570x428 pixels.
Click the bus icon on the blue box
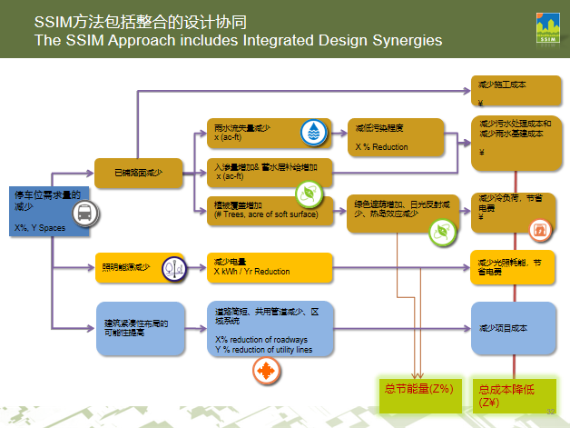(x=82, y=214)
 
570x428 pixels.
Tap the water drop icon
(x=314, y=134)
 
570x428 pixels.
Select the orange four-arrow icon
(x=266, y=372)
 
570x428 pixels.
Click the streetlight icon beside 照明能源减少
(x=173, y=268)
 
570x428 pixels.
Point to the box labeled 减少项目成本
(x=511, y=328)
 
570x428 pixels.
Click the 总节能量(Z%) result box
(x=418, y=390)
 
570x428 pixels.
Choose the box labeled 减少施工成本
(x=511, y=92)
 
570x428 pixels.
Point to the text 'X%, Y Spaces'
(x=40, y=227)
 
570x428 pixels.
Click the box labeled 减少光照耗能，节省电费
(x=511, y=265)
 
